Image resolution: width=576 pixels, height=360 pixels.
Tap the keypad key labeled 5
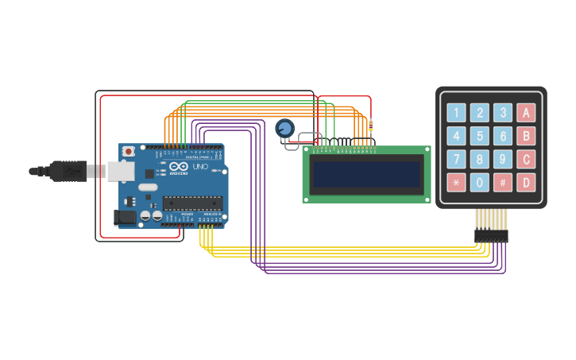point(479,136)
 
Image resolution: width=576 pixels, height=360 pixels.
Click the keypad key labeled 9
point(502,159)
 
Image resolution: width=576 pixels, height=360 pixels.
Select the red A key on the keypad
point(525,113)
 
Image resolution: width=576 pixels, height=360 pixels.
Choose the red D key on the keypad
point(525,182)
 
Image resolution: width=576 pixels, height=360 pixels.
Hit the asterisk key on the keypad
point(456,182)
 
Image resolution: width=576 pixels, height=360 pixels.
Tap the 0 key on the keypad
point(479,182)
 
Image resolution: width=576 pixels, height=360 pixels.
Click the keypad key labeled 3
point(502,113)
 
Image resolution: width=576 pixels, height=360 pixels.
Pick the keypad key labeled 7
point(456,159)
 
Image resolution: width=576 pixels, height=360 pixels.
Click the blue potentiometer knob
point(284,128)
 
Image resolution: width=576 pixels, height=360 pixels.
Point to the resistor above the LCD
point(370,125)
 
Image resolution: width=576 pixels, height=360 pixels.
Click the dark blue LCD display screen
point(367,174)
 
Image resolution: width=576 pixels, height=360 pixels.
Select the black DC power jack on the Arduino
point(124,217)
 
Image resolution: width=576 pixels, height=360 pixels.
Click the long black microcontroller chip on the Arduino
point(192,203)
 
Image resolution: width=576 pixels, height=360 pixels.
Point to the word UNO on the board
point(200,168)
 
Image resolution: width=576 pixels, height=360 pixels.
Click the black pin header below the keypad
point(491,236)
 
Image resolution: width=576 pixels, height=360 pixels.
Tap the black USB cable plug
point(68,171)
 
